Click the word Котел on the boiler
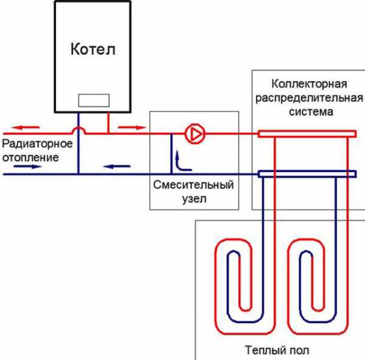click(x=92, y=48)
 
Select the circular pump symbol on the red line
click(x=194, y=133)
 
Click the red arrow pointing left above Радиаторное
click(x=27, y=128)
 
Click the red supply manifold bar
click(x=306, y=132)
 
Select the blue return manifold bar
click(x=306, y=175)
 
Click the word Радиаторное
click(x=38, y=145)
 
